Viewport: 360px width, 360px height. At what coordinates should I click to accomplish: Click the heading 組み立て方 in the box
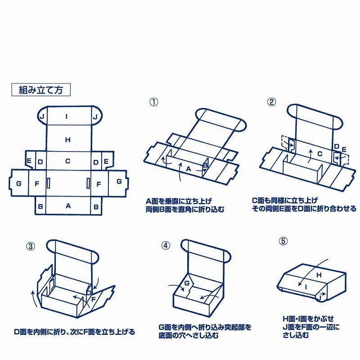click(x=40, y=90)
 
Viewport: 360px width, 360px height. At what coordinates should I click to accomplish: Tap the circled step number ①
click(x=154, y=102)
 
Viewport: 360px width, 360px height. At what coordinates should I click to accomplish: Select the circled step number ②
click(x=271, y=102)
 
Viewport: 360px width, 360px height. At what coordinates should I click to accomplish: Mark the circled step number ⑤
click(x=283, y=241)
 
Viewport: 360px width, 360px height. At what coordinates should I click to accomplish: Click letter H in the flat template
click(x=67, y=140)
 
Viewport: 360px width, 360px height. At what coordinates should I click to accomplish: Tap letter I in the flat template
click(x=67, y=117)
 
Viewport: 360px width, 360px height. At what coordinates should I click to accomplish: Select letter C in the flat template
click(x=67, y=161)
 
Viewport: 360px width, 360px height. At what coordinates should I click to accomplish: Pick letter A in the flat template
click(x=68, y=206)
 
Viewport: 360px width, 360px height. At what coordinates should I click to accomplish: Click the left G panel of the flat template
click(x=18, y=183)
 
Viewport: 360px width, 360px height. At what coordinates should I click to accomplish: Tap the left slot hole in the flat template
click(x=48, y=183)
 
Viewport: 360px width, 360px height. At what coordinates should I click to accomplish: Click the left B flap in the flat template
click(x=40, y=206)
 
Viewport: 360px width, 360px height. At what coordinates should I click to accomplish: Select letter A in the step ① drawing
click(x=189, y=169)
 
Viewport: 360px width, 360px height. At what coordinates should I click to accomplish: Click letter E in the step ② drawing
click(x=344, y=149)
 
